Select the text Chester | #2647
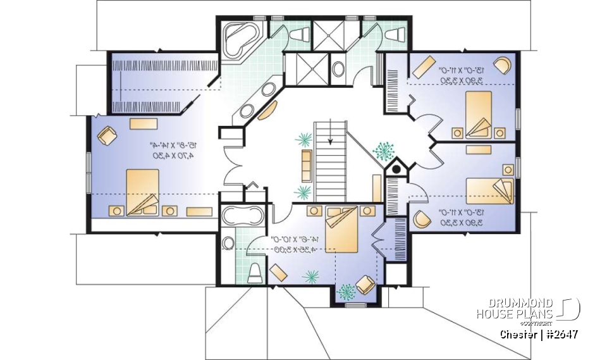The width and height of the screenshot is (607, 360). coord(539,334)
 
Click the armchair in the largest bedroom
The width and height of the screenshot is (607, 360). coord(107,135)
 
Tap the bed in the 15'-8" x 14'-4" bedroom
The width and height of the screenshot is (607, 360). coord(142,192)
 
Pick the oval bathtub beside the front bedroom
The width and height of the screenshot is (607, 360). coord(243,216)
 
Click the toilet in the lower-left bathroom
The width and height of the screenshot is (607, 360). coord(255,273)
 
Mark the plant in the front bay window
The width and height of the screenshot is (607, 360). coord(346,292)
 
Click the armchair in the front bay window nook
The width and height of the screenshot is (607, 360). coord(365,285)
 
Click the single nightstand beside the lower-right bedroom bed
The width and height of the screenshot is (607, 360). coord(508,170)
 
